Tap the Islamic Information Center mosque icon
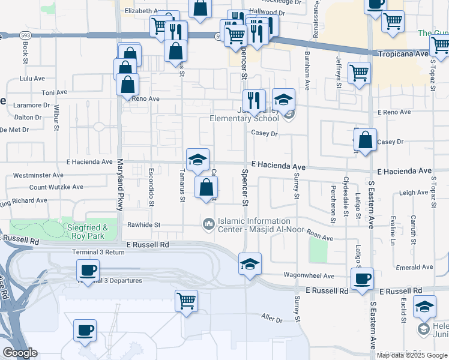[x=209, y=224]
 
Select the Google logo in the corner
[x=20, y=353]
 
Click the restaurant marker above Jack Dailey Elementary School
[x=254, y=100]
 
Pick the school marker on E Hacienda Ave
[x=197, y=160]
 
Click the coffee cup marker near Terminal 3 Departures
[x=88, y=271]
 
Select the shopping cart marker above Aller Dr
[x=186, y=300]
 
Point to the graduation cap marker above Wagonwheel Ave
[x=250, y=263]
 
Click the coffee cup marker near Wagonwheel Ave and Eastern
[x=362, y=279]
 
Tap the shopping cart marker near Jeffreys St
[x=359, y=73]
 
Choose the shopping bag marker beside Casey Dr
[x=365, y=140]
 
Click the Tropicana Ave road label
[x=403, y=54]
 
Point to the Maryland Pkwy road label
[x=120, y=185]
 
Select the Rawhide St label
[x=145, y=225]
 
